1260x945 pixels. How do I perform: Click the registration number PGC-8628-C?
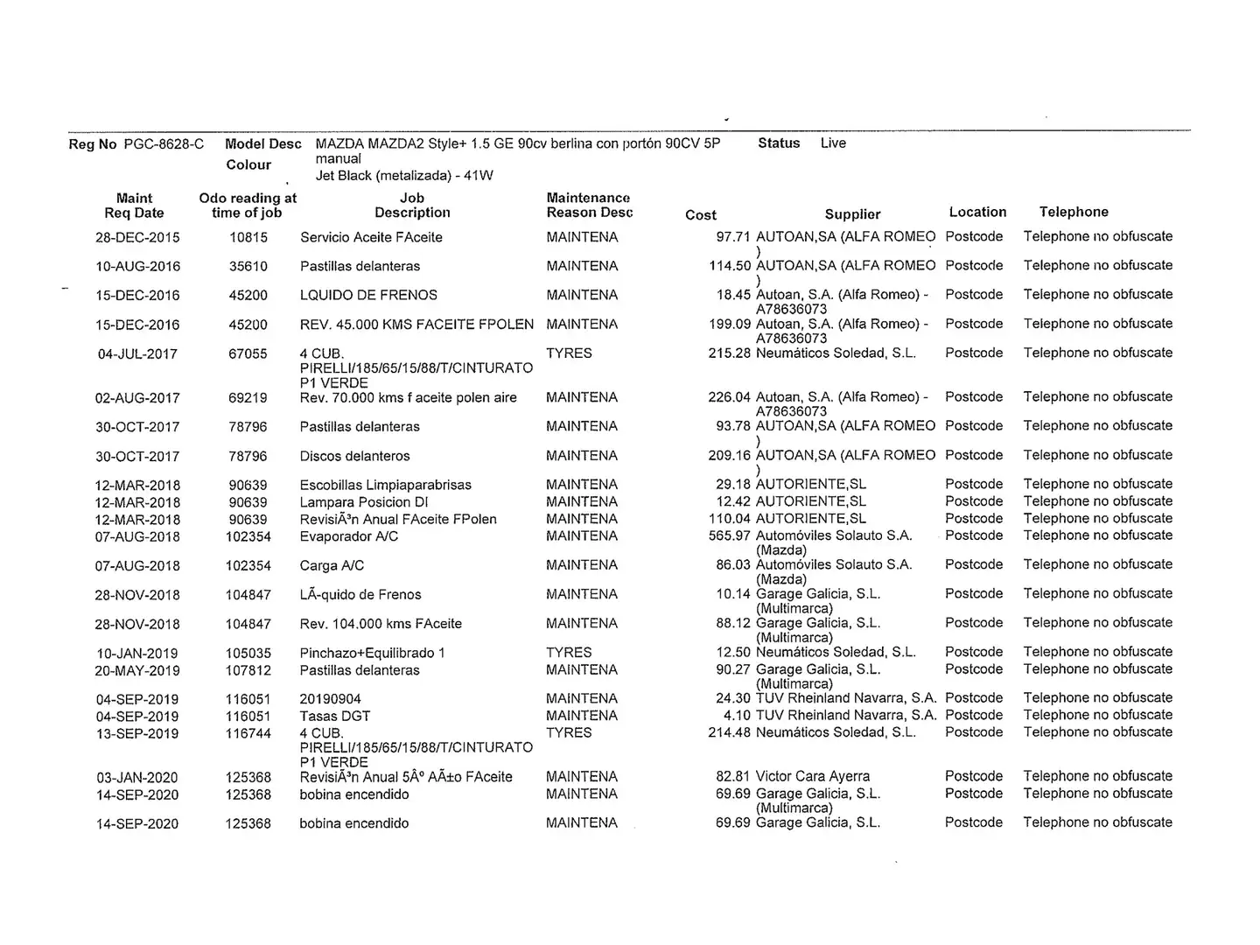(164, 144)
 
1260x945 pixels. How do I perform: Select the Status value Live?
(833, 143)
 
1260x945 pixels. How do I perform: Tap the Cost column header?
(700, 214)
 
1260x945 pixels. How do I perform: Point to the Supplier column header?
(852, 214)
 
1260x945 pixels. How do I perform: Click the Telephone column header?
(1074, 212)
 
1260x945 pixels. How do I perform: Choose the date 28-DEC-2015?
(137, 237)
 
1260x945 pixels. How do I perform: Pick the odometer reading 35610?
(248, 266)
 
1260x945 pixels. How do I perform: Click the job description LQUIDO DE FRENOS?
(368, 295)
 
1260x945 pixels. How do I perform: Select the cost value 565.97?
(730, 535)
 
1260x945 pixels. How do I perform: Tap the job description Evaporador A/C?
(348, 536)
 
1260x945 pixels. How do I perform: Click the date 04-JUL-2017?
(137, 353)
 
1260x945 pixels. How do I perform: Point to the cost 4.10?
(737, 715)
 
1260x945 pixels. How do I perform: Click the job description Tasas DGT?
(334, 716)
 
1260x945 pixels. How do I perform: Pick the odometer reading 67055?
(248, 353)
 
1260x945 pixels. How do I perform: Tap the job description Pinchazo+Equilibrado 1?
(372, 653)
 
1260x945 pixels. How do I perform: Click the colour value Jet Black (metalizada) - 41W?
(404, 175)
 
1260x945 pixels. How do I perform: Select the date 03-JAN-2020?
(137, 777)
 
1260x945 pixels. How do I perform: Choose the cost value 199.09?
(730, 324)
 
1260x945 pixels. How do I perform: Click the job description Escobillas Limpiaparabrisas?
(385, 485)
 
